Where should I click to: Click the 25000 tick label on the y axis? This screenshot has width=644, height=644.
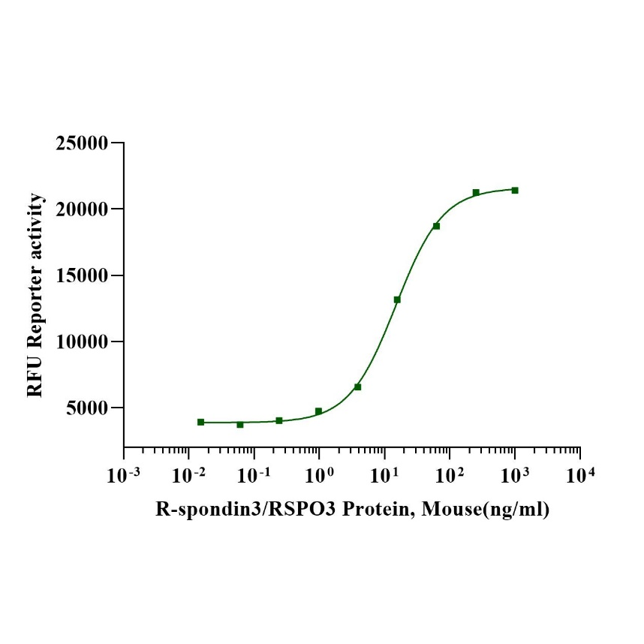[x=82, y=143]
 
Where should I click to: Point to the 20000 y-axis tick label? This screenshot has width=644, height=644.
[x=82, y=209]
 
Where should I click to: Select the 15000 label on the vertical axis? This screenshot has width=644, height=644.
[x=82, y=275]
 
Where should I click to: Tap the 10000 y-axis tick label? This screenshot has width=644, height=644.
[x=82, y=342]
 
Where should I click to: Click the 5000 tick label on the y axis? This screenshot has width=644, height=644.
[x=87, y=408]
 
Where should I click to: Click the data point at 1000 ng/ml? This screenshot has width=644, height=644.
[x=515, y=190]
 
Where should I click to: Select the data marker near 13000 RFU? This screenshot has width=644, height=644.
[x=397, y=299]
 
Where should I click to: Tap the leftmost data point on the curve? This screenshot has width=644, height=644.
[x=200, y=422]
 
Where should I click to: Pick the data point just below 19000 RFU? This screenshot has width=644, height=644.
[x=436, y=226]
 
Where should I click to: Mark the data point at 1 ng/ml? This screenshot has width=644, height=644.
[x=318, y=411]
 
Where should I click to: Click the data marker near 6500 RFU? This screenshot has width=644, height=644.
[x=358, y=387]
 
